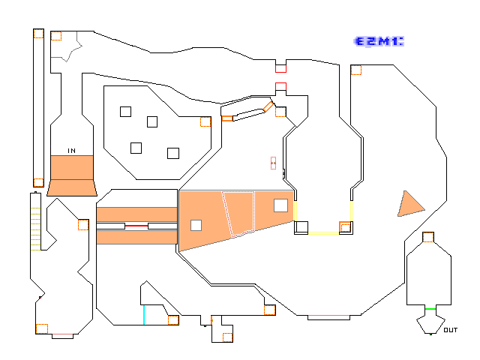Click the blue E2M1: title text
[379, 41]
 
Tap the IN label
[72, 151]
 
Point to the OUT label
[451, 330]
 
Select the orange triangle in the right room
[410, 205]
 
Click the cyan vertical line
[144, 315]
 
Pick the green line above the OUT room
[430, 309]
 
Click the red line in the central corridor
[136, 226]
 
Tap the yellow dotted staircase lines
[35, 229]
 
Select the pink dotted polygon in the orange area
[238, 214]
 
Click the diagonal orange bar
[268, 106]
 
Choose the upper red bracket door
[280, 69]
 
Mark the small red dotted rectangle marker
[273, 163]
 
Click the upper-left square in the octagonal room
[125, 112]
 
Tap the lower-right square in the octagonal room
[173, 153]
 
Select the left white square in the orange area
[196, 225]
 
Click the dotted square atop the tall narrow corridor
[38, 33]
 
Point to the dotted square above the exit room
[428, 237]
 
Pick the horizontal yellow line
[323, 233]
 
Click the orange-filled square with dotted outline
[345, 227]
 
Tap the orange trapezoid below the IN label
[72, 187]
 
